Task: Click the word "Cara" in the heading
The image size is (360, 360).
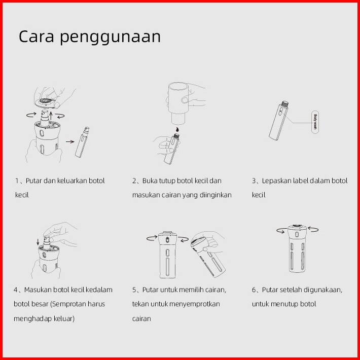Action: (37, 37)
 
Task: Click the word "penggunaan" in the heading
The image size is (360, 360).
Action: (110, 38)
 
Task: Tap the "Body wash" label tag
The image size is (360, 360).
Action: (315, 122)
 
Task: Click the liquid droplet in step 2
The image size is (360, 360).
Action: (177, 129)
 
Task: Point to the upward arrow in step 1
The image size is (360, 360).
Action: (51, 116)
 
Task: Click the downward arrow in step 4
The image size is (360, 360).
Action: (38, 241)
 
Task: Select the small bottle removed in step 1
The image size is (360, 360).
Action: (82, 142)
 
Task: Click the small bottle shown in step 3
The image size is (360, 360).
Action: (278, 121)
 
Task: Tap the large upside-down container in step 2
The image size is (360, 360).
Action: (178, 103)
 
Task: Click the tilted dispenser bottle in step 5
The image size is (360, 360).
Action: (208, 257)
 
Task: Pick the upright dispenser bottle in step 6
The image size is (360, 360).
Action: (297, 248)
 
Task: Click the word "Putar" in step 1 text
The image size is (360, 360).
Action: (34, 181)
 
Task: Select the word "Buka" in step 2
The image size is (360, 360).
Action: (150, 181)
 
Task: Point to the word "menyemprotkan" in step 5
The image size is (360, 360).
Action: (197, 304)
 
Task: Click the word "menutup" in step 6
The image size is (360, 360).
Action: (284, 304)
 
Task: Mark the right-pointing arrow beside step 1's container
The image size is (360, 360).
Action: (70, 141)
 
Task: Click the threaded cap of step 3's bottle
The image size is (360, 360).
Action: (285, 104)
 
